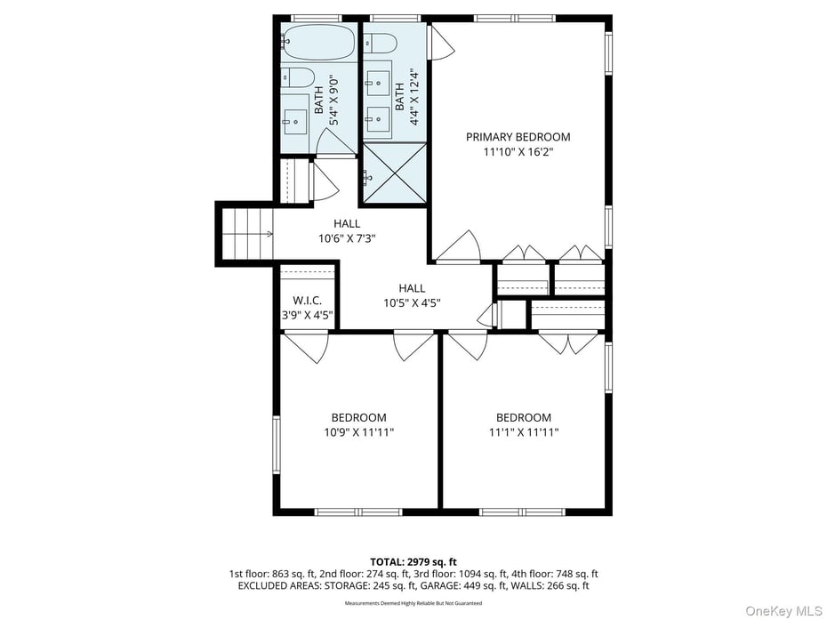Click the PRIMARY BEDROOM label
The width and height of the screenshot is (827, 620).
[x=518, y=137]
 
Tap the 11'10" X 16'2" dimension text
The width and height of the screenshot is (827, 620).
[x=518, y=152]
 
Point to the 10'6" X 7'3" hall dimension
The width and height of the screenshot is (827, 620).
[x=347, y=238]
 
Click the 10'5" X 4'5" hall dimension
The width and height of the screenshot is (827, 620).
[x=412, y=302]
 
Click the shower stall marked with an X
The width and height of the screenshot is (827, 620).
[x=394, y=174]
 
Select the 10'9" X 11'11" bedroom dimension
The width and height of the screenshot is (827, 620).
[x=358, y=432]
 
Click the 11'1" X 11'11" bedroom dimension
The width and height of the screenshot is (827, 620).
[x=523, y=432]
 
